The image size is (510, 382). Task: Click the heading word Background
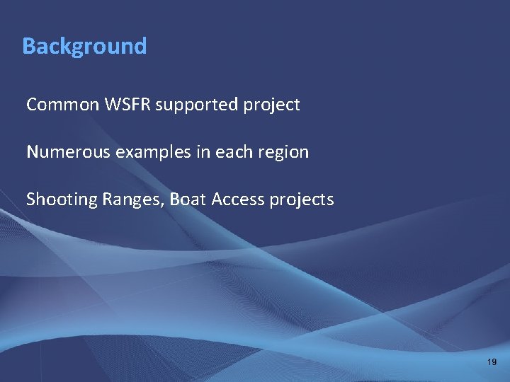pos(84,46)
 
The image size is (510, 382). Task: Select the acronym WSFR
pos(127,105)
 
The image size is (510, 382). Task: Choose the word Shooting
pos(62,200)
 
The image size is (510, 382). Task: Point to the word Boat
pos(187,199)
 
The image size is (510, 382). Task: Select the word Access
pos(237,199)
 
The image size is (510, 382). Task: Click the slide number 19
pos(492,362)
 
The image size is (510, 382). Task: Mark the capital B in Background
pos(28,46)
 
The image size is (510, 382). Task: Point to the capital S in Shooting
pos(30,199)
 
